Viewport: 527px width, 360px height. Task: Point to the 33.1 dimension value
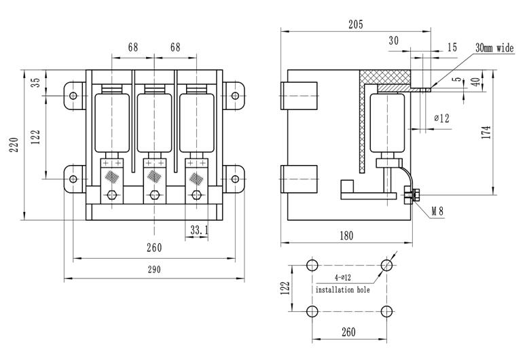click(x=198, y=230)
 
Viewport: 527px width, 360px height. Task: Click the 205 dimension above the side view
click(x=355, y=24)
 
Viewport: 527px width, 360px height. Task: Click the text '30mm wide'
click(x=495, y=48)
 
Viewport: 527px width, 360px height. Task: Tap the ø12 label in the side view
click(x=442, y=118)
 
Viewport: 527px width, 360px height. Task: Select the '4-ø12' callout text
click(x=344, y=278)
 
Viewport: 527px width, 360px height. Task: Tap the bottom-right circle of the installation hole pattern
click(x=386, y=312)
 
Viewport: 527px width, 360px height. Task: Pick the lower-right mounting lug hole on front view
click(x=235, y=179)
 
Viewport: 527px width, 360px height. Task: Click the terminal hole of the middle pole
click(x=156, y=196)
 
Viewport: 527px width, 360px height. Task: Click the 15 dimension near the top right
click(x=452, y=47)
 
